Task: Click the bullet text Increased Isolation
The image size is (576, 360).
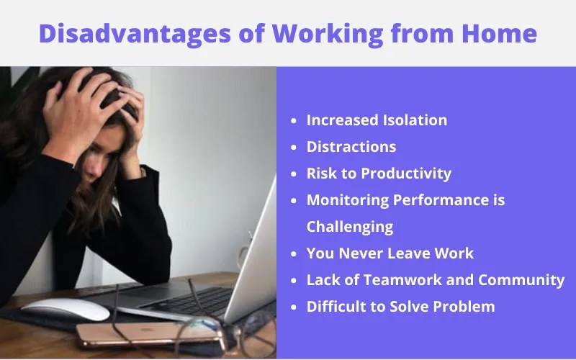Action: pyautogui.click(x=377, y=120)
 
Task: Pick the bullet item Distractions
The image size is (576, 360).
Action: pyautogui.click(x=351, y=147)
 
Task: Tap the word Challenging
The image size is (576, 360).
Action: pyautogui.click(x=350, y=227)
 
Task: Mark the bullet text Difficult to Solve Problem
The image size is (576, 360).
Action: pyautogui.click(x=400, y=307)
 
